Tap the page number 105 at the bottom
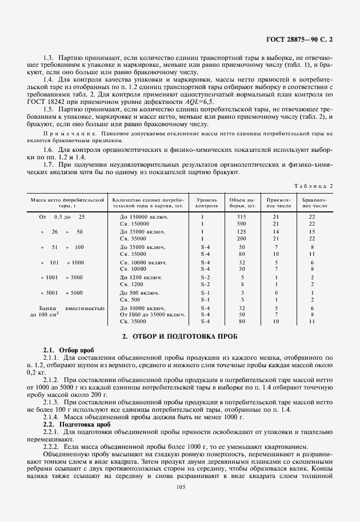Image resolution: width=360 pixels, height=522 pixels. pyautogui.click(x=181, y=487)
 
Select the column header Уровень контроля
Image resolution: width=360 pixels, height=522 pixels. pyautogui.click(x=206, y=203)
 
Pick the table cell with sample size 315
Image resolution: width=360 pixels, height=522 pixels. pyautogui.click(x=242, y=217)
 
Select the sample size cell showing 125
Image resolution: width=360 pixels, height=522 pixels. pyautogui.click(x=242, y=232)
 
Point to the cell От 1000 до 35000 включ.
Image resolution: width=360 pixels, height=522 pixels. pyautogui.click(x=152, y=315)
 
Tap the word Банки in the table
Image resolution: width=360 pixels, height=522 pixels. pyautogui.click(x=43, y=308)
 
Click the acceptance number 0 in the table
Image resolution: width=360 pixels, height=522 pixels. pyautogui.click(x=275, y=292)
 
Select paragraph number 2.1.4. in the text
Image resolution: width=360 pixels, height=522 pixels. pyautogui.click(x=53, y=417)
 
